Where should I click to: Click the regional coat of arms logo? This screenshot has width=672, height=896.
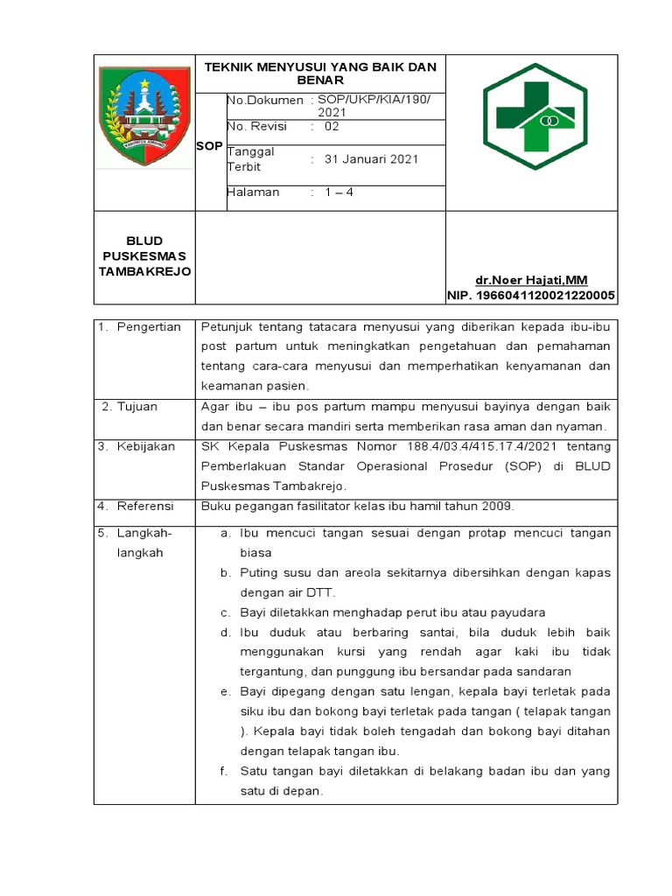144,108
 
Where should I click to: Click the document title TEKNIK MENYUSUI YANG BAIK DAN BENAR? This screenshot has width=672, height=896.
320,73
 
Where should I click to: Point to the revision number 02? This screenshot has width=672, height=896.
332,127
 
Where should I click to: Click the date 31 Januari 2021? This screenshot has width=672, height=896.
371,159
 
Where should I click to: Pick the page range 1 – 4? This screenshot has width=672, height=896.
339,192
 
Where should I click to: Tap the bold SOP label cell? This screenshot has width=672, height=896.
209,146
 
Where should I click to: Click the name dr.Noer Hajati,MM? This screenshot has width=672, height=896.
531,280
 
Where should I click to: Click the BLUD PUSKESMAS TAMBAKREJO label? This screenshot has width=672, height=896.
144,255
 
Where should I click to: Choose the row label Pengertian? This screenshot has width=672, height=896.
150,327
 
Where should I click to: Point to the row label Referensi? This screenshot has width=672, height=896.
147,506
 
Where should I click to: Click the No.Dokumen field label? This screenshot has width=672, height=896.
265,101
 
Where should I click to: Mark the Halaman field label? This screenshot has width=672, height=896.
254,192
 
